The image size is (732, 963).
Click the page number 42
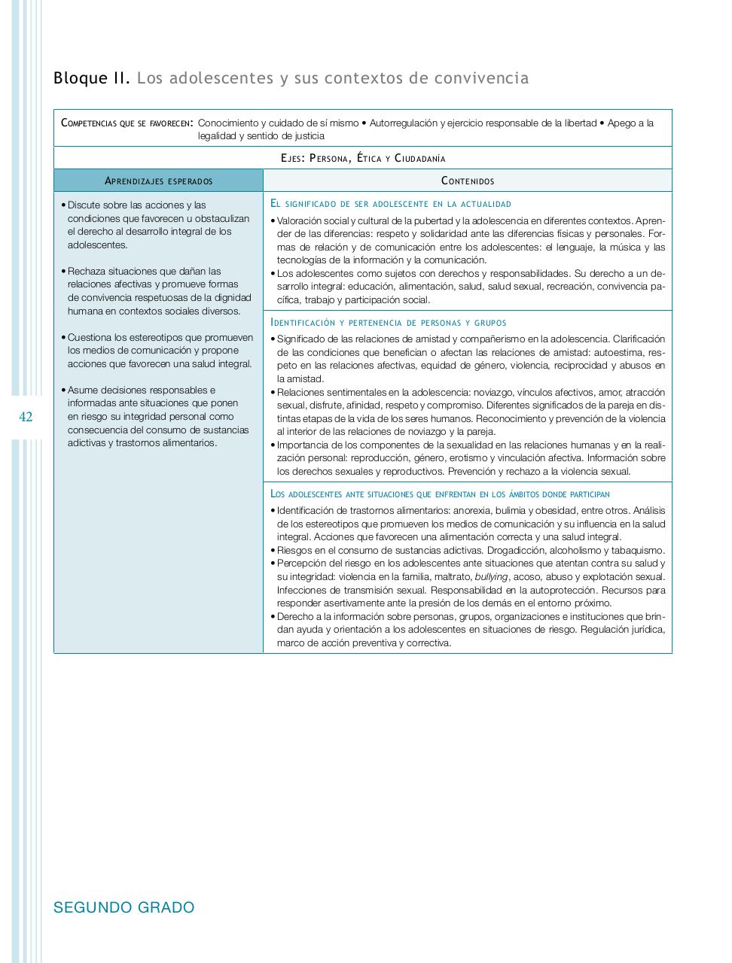26,417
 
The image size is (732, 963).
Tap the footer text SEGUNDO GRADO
124,907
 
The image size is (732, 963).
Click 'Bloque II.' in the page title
92,78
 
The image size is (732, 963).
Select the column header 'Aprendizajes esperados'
158,181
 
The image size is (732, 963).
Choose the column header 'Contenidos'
467,181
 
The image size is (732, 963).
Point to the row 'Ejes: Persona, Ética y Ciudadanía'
362,158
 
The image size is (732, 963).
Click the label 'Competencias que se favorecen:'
127,123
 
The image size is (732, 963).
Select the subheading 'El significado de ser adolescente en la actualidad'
390,204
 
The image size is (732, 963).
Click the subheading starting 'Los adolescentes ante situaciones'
439,494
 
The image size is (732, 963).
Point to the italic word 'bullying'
492,577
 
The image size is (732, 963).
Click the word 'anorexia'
472,511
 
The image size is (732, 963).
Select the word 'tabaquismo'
639,551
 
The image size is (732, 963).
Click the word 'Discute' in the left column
84,205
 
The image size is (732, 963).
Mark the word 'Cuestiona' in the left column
90,338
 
